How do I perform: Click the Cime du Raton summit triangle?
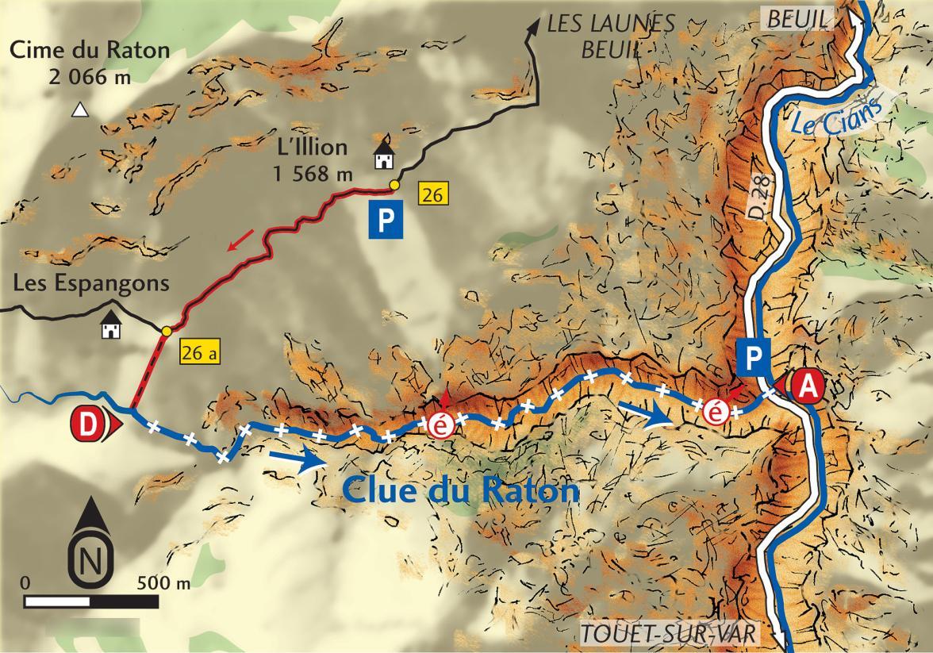tap(79, 110)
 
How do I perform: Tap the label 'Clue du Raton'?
tap(461, 490)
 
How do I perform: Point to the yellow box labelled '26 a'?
tap(198, 352)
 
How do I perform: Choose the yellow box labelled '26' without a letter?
tap(432, 193)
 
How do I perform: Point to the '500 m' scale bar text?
tap(163, 583)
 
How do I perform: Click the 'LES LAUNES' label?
tap(611, 24)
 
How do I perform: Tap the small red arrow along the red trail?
tap(240, 239)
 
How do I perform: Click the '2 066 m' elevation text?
tap(90, 76)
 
